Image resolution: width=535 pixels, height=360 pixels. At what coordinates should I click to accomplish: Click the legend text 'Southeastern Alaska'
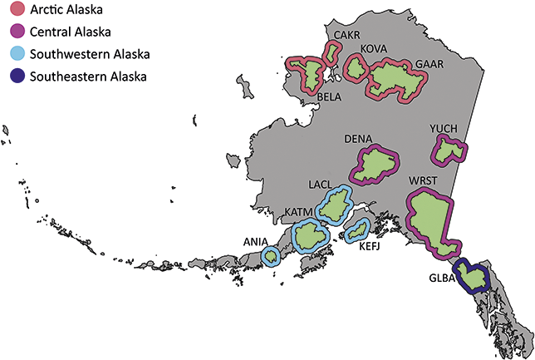(x=87, y=76)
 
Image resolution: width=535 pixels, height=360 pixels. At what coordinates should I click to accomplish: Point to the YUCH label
(x=445, y=127)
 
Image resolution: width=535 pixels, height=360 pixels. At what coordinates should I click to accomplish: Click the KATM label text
(x=298, y=213)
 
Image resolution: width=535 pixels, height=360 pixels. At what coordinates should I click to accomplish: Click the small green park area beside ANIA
(x=271, y=254)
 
